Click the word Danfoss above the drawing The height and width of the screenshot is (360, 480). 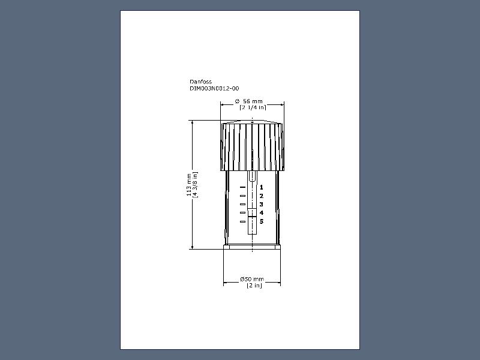200,82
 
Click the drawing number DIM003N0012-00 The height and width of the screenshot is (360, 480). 214,88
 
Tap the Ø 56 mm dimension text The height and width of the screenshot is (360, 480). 249,101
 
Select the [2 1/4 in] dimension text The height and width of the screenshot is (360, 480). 253,107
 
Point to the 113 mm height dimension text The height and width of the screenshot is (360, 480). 189,185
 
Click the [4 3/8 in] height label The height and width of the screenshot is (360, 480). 195,185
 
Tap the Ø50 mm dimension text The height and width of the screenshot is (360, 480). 252,279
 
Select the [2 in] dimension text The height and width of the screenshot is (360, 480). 254,286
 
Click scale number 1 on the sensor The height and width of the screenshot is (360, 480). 262,187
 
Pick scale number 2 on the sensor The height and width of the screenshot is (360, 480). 262,196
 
